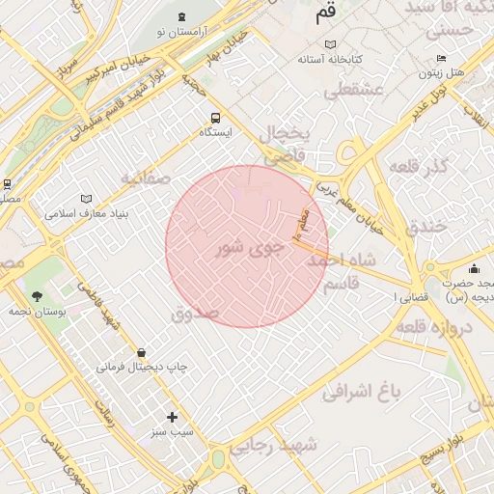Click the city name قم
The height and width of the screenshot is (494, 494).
326,14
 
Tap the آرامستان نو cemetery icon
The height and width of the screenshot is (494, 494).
181,16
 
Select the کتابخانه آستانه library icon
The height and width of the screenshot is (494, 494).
331,45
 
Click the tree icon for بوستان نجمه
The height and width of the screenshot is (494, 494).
37,296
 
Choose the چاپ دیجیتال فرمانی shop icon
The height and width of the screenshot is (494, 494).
142,353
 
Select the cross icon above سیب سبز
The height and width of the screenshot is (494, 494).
173,417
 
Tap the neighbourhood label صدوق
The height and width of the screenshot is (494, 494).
195,314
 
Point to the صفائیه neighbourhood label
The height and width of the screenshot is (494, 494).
146,179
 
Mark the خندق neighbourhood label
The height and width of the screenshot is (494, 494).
425,226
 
